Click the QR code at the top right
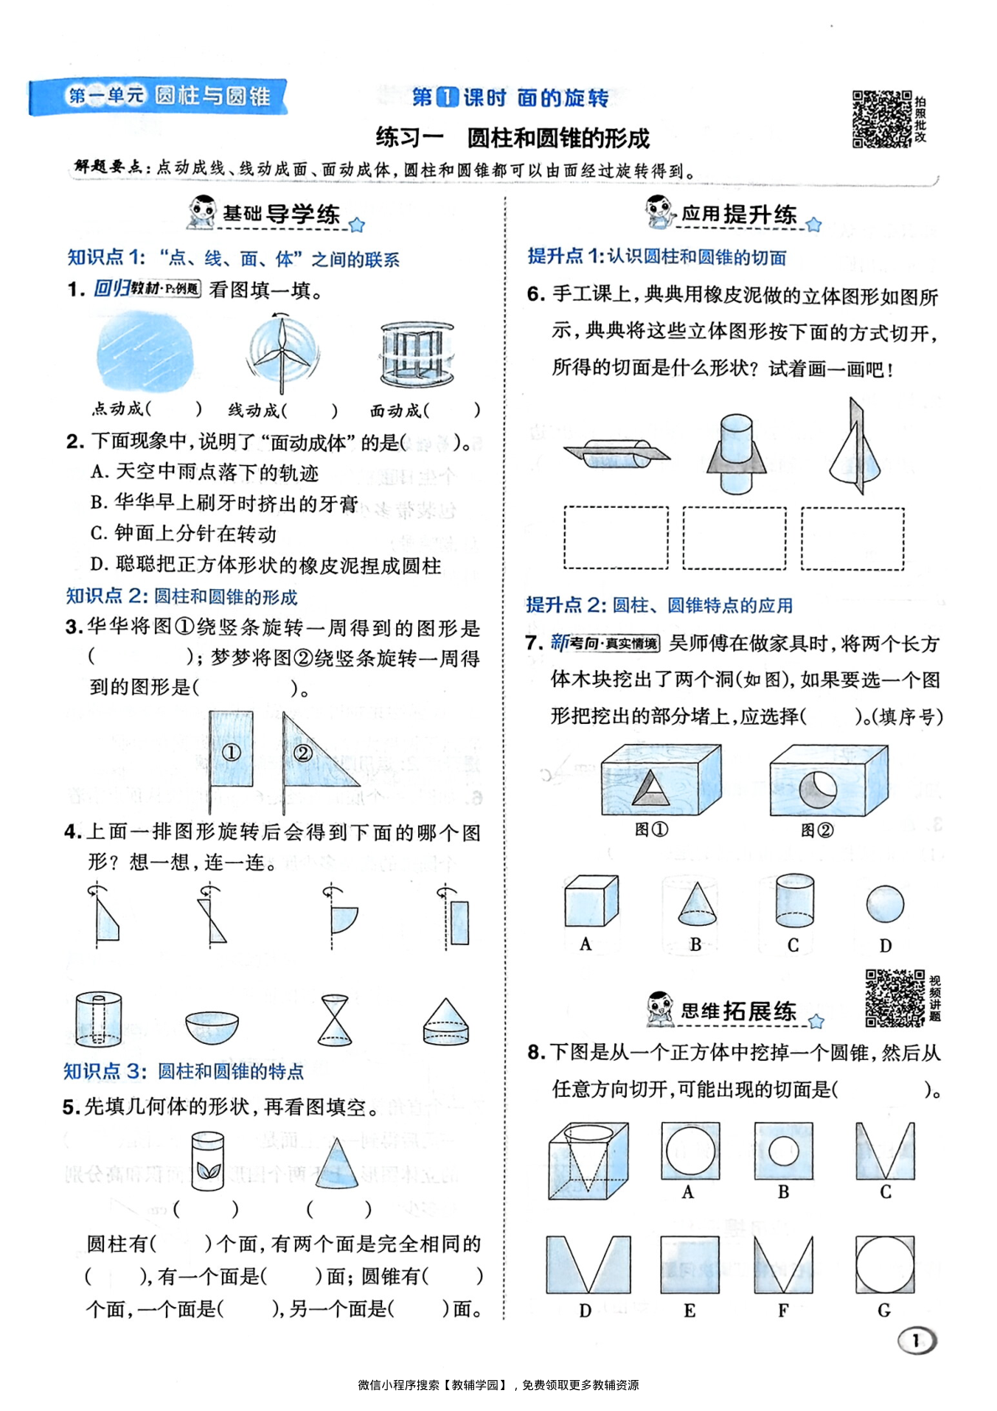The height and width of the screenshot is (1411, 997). point(882,119)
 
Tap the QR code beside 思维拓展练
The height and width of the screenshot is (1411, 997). point(895,998)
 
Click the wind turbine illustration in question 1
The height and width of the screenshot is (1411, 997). point(282,353)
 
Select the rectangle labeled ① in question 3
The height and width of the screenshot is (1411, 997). point(231,750)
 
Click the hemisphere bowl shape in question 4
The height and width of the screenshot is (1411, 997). point(211,1026)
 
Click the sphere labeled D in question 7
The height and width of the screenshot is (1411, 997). point(885,904)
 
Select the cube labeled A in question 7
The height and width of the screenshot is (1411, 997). point(591,902)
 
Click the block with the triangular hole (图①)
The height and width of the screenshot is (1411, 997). point(660,780)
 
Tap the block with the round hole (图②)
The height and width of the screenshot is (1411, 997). point(828,780)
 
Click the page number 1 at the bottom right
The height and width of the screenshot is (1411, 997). point(917,1340)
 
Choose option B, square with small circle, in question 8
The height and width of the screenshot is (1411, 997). point(783,1150)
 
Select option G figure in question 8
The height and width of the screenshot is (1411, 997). point(885,1264)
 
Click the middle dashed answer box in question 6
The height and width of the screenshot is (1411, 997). point(735,538)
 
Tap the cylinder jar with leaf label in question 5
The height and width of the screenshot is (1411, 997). point(207,1160)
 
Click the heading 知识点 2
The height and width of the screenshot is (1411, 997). point(181,597)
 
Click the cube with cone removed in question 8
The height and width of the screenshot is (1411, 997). point(588,1161)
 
